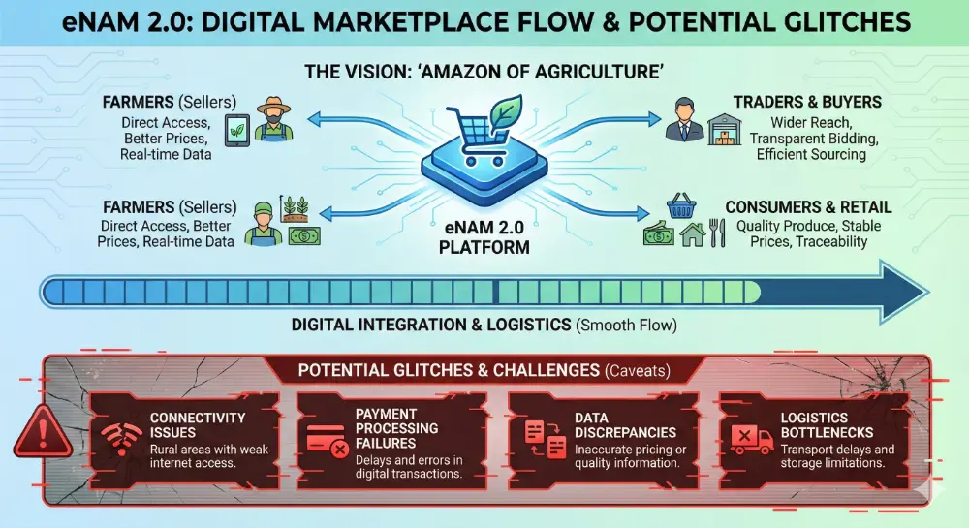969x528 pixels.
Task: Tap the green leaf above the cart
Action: click(x=506, y=111)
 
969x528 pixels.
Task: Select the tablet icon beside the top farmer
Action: click(x=236, y=130)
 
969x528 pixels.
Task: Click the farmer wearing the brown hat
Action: click(x=273, y=118)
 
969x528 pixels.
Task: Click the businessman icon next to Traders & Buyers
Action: click(x=685, y=119)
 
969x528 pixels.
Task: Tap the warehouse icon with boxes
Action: click(x=725, y=129)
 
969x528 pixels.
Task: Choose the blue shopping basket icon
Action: click(x=681, y=206)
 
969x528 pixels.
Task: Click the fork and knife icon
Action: click(x=717, y=233)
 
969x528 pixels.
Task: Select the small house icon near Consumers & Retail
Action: click(x=692, y=235)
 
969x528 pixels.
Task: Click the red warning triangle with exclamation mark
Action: click(x=43, y=431)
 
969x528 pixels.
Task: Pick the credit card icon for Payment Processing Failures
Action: click(x=328, y=440)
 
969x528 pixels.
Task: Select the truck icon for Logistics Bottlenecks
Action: click(x=752, y=439)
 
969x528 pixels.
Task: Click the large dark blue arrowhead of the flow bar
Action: click(x=902, y=292)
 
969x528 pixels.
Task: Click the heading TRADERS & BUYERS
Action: click(x=807, y=102)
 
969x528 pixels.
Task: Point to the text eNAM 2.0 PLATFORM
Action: click(x=484, y=237)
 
